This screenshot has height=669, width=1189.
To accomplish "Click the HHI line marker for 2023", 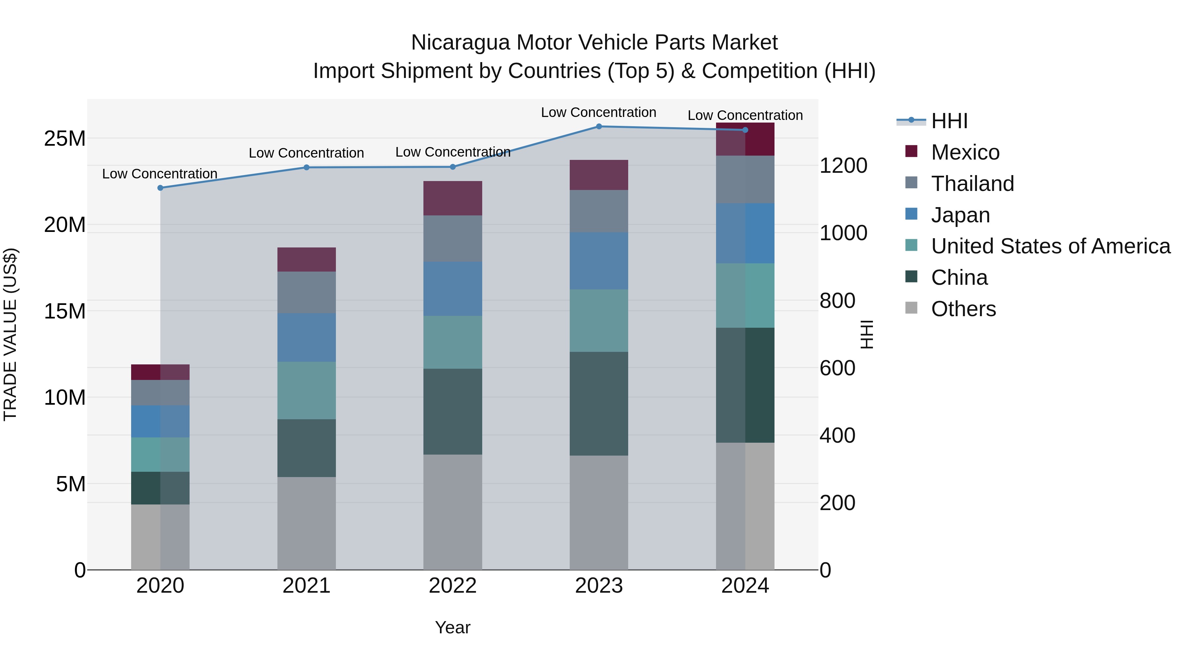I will pyautogui.click(x=599, y=126).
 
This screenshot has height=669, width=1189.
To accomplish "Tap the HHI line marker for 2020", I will pyautogui.click(x=160, y=188).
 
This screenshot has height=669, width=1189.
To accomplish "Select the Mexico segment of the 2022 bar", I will pyautogui.click(x=452, y=198).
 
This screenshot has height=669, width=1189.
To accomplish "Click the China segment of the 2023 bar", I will pyautogui.click(x=599, y=403).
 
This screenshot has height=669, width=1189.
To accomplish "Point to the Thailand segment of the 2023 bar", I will pyautogui.click(x=599, y=211).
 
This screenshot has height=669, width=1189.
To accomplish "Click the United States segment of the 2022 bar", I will pyautogui.click(x=452, y=342).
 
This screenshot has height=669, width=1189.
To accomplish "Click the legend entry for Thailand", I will pyautogui.click(x=972, y=184).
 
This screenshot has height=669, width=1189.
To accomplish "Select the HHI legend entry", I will pyautogui.click(x=949, y=121).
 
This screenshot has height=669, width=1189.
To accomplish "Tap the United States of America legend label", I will pyautogui.click(x=1051, y=246).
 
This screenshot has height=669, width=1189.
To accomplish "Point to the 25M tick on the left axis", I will pyautogui.click(x=65, y=138).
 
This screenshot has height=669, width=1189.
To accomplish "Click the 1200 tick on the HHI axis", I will pyautogui.click(x=843, y=166).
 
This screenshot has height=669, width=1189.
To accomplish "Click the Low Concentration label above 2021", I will pyautogui.click(x=306, y=153).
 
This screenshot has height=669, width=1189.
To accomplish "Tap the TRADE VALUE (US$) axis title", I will pyautogui.click(x=10, y=334).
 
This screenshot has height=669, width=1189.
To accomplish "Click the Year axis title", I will pyautogui.click(x=452, y=627).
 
